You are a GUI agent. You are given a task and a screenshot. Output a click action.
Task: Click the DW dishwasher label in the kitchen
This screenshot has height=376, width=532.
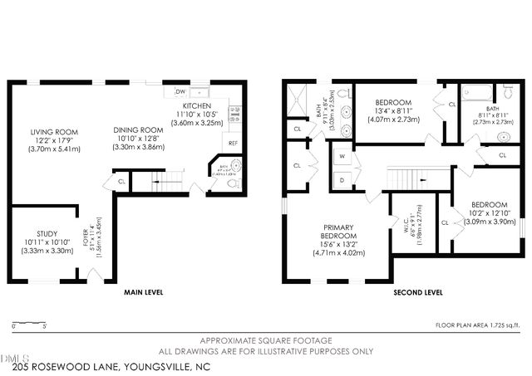pyautogui.click(x=180, y=91)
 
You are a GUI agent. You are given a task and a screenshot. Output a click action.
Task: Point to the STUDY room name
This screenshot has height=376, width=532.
pyautogui.click(x=47, y=233)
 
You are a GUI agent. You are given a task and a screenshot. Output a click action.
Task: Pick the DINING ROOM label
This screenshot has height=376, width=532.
pyautogui.click(x=138, y=129)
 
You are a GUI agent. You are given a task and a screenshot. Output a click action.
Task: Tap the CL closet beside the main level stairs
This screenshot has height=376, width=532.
pyautogui.click(x=121, y=182)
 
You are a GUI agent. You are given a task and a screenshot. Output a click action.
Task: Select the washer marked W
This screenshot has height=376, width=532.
pyautogui.click(x=342, y=155)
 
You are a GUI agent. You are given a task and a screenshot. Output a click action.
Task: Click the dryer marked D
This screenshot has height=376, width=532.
pyautogui.click(x=342, y=179)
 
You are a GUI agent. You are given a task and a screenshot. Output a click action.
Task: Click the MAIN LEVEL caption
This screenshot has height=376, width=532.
pyautogui.click(x=143, y=292)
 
